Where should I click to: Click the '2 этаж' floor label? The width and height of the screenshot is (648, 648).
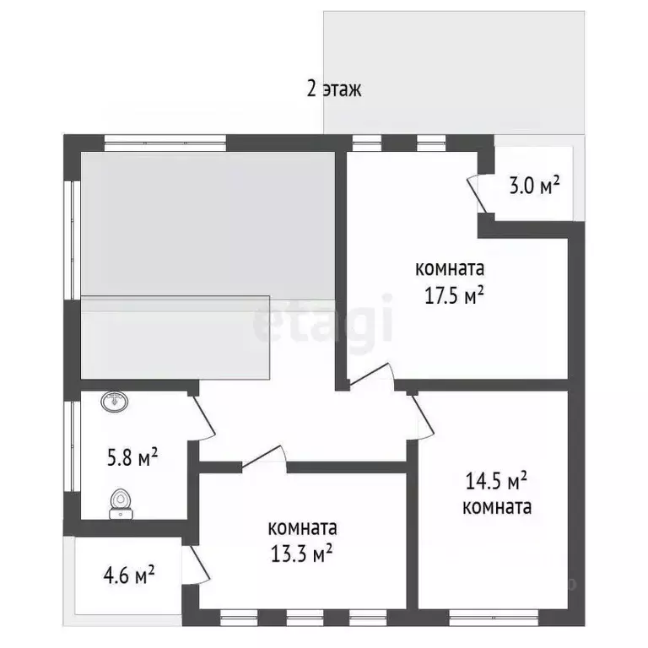[x=334, y=89]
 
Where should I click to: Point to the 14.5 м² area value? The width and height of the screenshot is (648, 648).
[x=496, y=482]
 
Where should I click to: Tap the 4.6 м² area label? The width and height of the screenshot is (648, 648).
[x=128, y=576]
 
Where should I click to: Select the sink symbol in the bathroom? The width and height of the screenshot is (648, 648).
[x=114, y=402]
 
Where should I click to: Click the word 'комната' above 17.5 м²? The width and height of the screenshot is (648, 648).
[x=449, y=270]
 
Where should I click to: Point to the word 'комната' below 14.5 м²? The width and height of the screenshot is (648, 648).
[x=497, y=507]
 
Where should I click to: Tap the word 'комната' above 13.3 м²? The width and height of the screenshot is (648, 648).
[x=301, y=529]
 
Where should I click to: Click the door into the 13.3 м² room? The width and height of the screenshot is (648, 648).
[x=263, y=456]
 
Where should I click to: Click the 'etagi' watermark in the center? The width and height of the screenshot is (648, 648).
[x=324, y=325]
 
